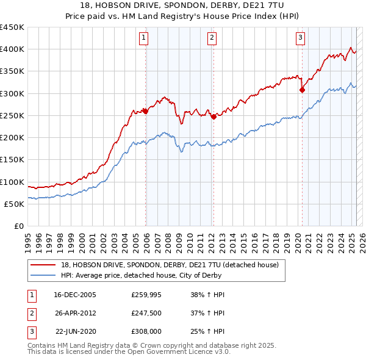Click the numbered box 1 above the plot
click(143, 38)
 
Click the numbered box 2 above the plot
click(212, 38)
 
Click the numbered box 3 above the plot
click(301, 38)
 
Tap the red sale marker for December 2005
click(146, 111)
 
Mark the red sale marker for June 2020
click(302, 90)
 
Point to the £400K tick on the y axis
click(13, 49)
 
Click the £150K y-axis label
click(13, 160)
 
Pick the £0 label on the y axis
click(19, 226)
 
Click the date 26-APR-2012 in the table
click(75, 313)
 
